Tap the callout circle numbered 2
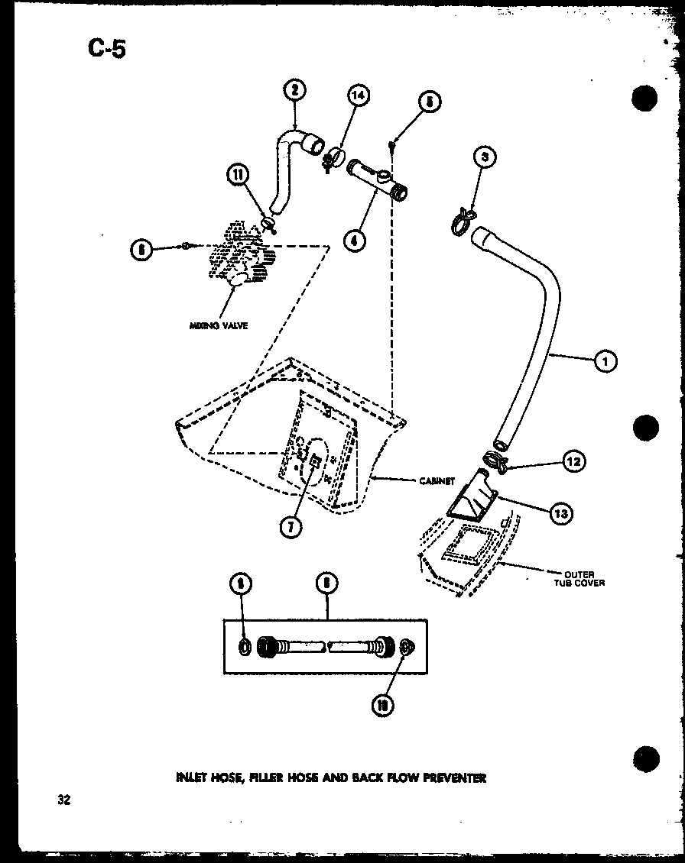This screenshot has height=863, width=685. [x=294, y=91]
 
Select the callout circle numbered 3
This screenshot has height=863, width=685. [x=485, y=158]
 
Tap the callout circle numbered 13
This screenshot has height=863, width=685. [x=560, y=513]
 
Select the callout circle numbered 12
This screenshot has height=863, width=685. [x=573, y=461]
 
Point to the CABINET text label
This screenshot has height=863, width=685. [x=437, y=481]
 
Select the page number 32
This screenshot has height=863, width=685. [x=63, y=800]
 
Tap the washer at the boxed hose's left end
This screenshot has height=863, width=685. [x=243, y=647]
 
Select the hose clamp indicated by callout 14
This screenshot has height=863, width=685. [x=332, y=159]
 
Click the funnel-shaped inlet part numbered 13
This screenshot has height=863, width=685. [x=474, y=504]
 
